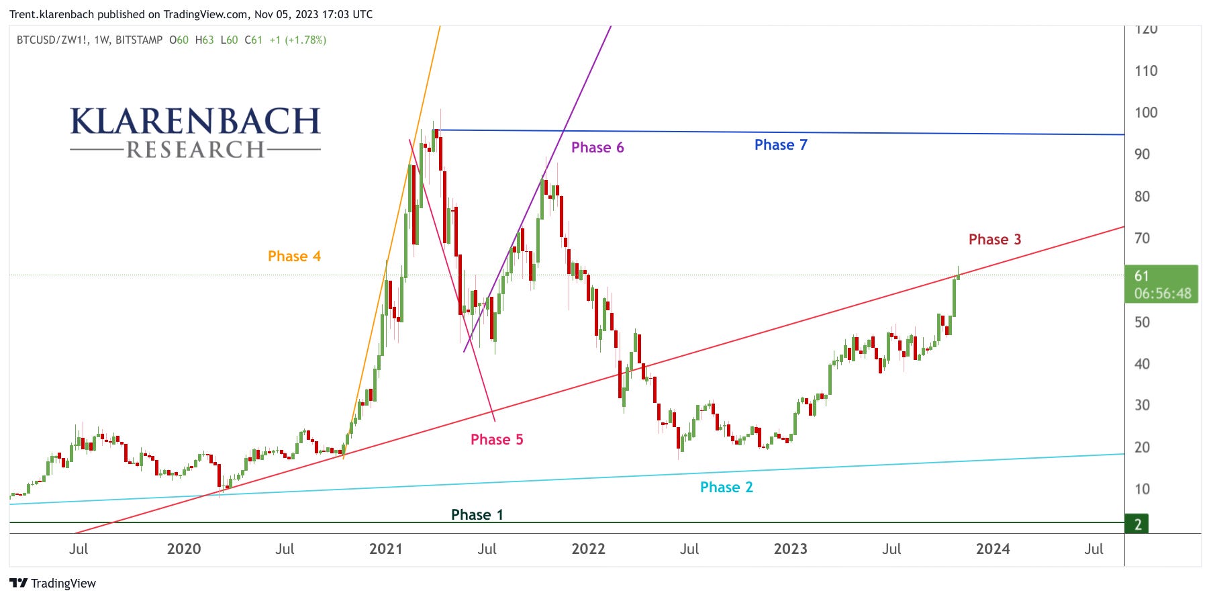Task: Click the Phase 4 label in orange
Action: (294, 256)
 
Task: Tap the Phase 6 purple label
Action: (597, 148)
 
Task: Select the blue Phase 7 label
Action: (780, 145)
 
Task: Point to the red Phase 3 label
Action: (994, 240)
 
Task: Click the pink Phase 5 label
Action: (496, 440)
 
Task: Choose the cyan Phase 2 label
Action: (726, 488)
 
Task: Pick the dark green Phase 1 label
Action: (477, 515)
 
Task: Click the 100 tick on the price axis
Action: (1145, 113)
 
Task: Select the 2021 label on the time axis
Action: (385, 549)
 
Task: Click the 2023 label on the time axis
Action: (790, 549)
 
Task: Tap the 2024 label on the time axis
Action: (992, 549)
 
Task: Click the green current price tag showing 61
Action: (1161, 284)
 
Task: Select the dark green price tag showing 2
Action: (1137, 524)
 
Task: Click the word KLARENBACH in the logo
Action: (195, 122)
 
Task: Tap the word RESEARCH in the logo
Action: (195, 150)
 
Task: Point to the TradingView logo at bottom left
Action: (53, 584)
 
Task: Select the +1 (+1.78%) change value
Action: (297, 40)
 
